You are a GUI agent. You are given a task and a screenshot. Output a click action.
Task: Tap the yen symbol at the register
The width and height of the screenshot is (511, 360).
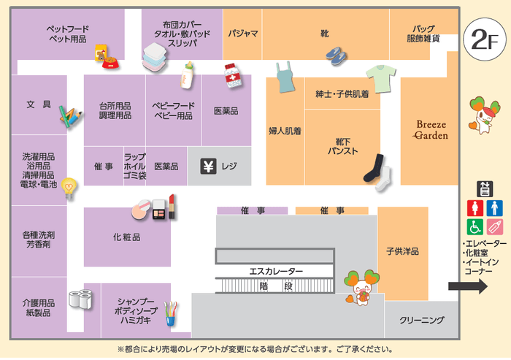point(207,166)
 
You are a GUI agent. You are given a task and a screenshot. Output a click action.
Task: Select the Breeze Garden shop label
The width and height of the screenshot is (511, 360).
point(431,129)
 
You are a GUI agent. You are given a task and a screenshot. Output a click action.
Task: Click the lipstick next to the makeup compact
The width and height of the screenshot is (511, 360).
point(172,207)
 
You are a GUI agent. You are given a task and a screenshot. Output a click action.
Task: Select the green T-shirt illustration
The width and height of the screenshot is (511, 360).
point(380,75)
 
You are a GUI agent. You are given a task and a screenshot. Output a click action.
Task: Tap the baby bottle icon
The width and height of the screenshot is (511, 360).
point(188,74)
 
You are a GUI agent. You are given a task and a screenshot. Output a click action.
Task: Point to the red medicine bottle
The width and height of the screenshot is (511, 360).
point(233,76)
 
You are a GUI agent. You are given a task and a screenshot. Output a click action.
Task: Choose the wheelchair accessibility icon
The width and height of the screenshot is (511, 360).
point(475,226)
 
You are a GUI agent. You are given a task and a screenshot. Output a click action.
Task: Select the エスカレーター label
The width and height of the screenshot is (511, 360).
point(276,272)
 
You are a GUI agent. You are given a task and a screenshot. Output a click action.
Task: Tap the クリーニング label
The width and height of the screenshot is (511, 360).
point(422,320)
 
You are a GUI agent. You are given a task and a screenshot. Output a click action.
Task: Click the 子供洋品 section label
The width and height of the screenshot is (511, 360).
point(402,251)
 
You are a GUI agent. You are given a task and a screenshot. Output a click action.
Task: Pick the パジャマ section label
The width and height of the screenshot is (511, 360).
point(242,34)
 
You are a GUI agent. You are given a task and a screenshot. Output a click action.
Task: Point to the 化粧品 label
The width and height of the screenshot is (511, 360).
point(126,237)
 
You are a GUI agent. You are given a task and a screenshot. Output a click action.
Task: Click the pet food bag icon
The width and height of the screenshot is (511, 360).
point(102,53)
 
